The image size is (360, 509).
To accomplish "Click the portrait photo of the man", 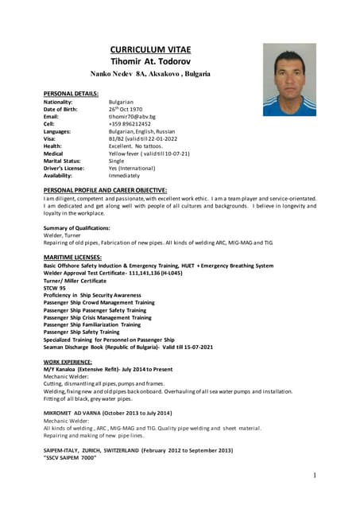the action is (289, 80).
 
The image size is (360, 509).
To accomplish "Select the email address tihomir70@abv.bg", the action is (132, 117).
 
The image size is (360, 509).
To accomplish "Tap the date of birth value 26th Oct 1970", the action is (126, 109).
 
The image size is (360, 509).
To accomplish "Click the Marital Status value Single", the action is (118, 161).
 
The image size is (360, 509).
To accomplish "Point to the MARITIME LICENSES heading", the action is (73, 258).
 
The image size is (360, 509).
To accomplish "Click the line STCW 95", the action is (55, 288).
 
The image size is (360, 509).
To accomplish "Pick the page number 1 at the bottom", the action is (315, 476).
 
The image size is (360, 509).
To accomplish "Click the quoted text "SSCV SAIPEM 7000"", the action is (70, 458).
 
